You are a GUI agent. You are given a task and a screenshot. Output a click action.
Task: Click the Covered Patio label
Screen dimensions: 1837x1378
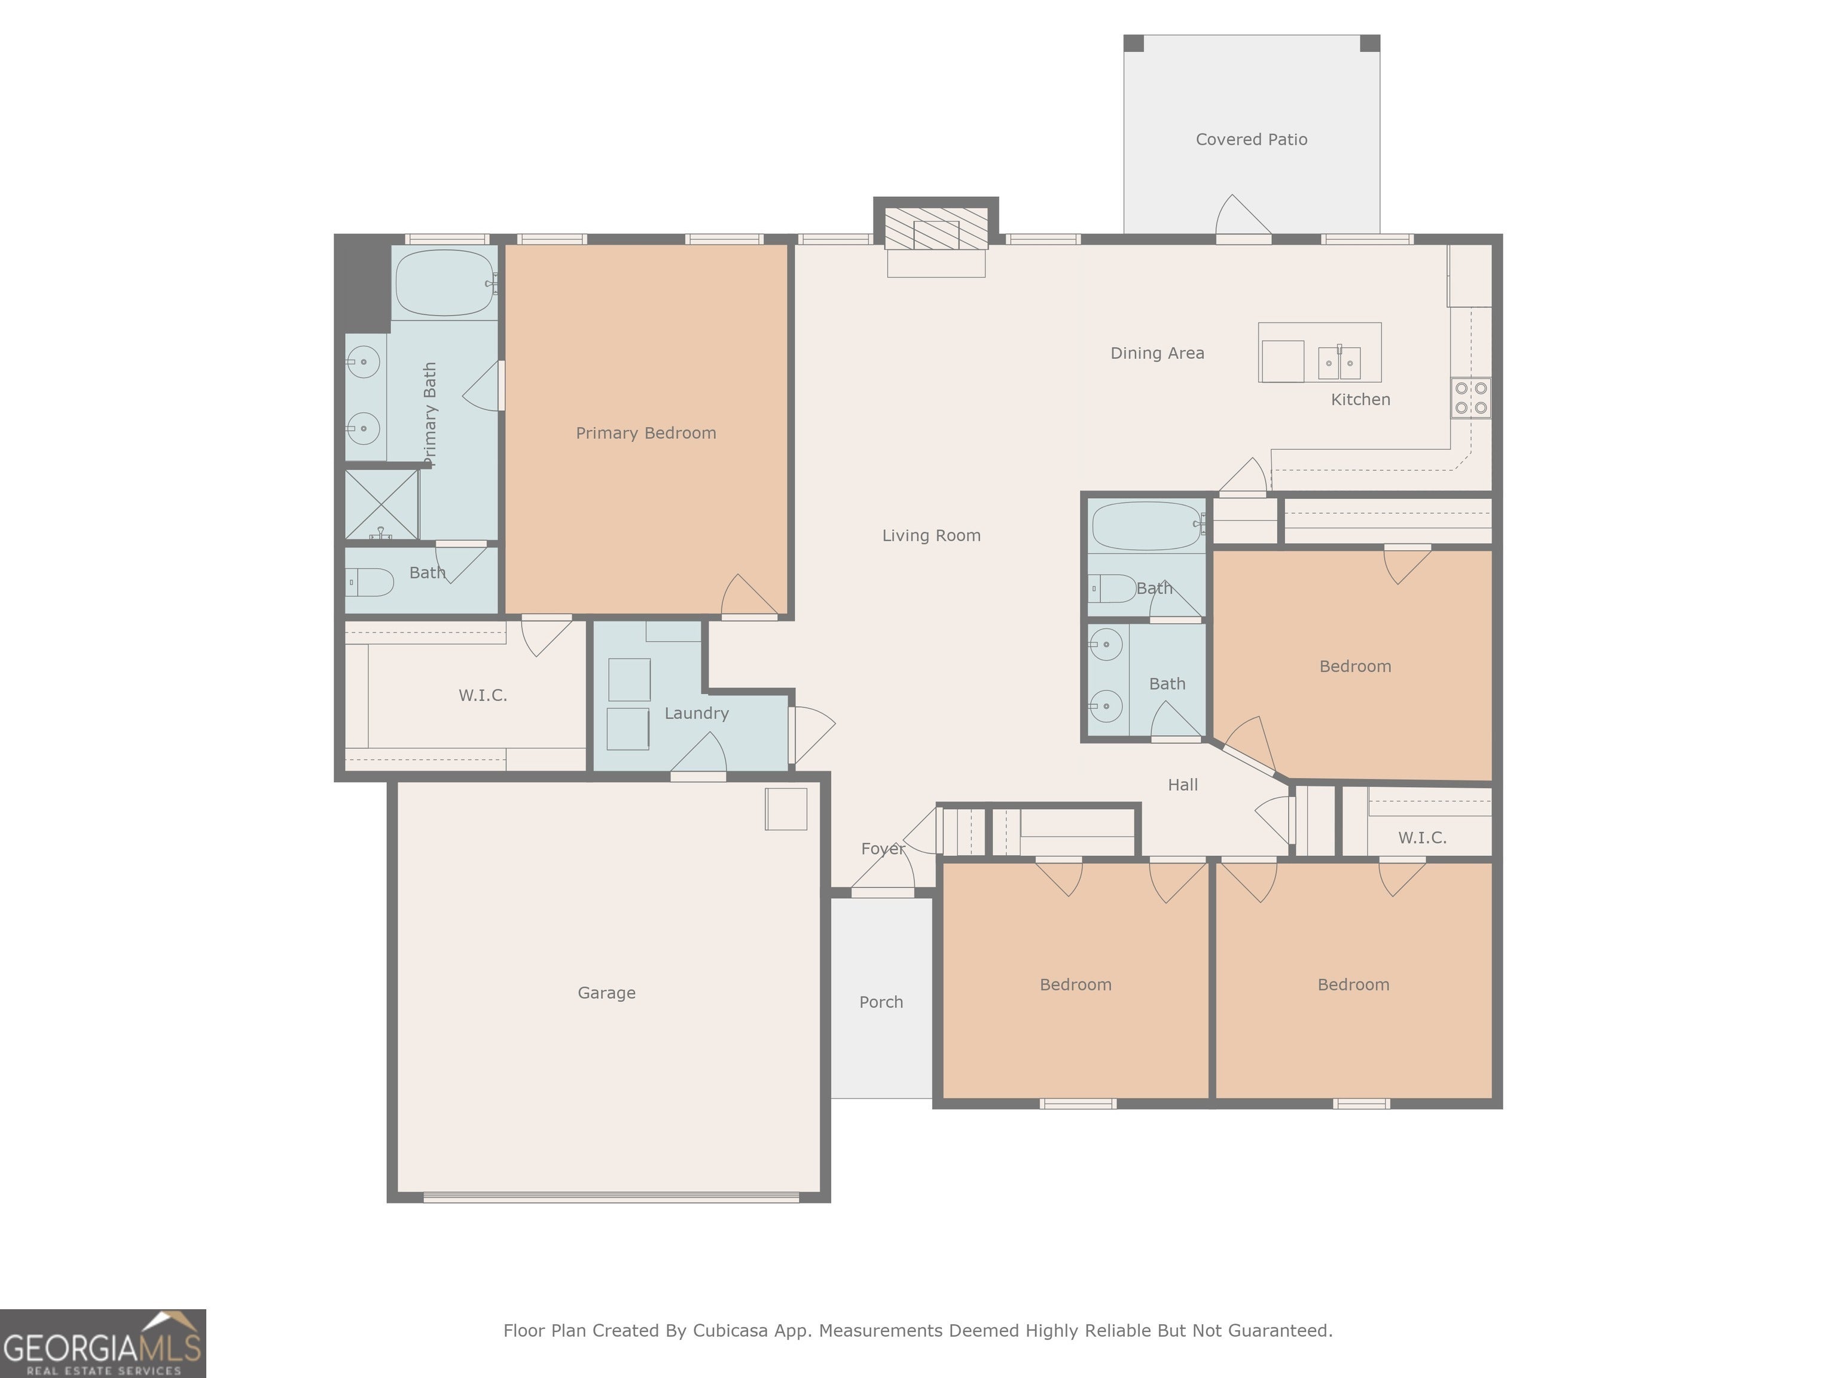pos(1252,139)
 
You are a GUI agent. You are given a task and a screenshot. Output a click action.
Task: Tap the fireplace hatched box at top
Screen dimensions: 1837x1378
pos(936,228)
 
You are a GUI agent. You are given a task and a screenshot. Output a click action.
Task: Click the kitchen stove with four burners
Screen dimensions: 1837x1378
pos(1471,397)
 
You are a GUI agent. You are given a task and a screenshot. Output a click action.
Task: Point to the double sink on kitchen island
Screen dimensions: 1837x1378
pos(1339,363)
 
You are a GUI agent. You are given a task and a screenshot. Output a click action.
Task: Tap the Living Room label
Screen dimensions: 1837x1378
pos(931,536)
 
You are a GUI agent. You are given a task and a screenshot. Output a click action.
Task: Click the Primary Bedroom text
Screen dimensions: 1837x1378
pos(646,433)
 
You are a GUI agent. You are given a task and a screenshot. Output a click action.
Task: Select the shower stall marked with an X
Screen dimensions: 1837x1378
pos(382,504)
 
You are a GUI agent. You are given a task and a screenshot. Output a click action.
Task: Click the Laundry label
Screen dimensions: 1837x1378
pos(697,714)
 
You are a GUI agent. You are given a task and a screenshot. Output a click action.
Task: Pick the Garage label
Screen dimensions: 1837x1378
pos(606,993)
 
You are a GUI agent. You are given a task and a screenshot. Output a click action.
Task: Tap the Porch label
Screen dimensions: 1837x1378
pos(881,1002)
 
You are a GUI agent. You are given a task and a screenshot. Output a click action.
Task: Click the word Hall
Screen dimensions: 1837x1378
pos(1183,785)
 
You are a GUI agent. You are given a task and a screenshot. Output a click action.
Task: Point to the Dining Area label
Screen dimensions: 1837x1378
pos(1157,353)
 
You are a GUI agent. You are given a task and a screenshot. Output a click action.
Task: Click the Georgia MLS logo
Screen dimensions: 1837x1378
pos(102,1343)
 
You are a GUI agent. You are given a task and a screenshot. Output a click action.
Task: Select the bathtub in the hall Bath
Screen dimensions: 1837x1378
pos(1147,526)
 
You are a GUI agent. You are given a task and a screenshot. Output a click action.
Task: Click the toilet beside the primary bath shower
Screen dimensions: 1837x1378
pos(370,583)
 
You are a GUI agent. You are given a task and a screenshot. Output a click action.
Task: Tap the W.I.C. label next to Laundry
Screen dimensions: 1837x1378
pos(483,695)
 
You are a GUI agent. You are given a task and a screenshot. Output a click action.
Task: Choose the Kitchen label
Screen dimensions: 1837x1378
pos(1360,400)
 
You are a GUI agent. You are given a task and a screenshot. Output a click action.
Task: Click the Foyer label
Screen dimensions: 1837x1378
pos(883,849)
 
